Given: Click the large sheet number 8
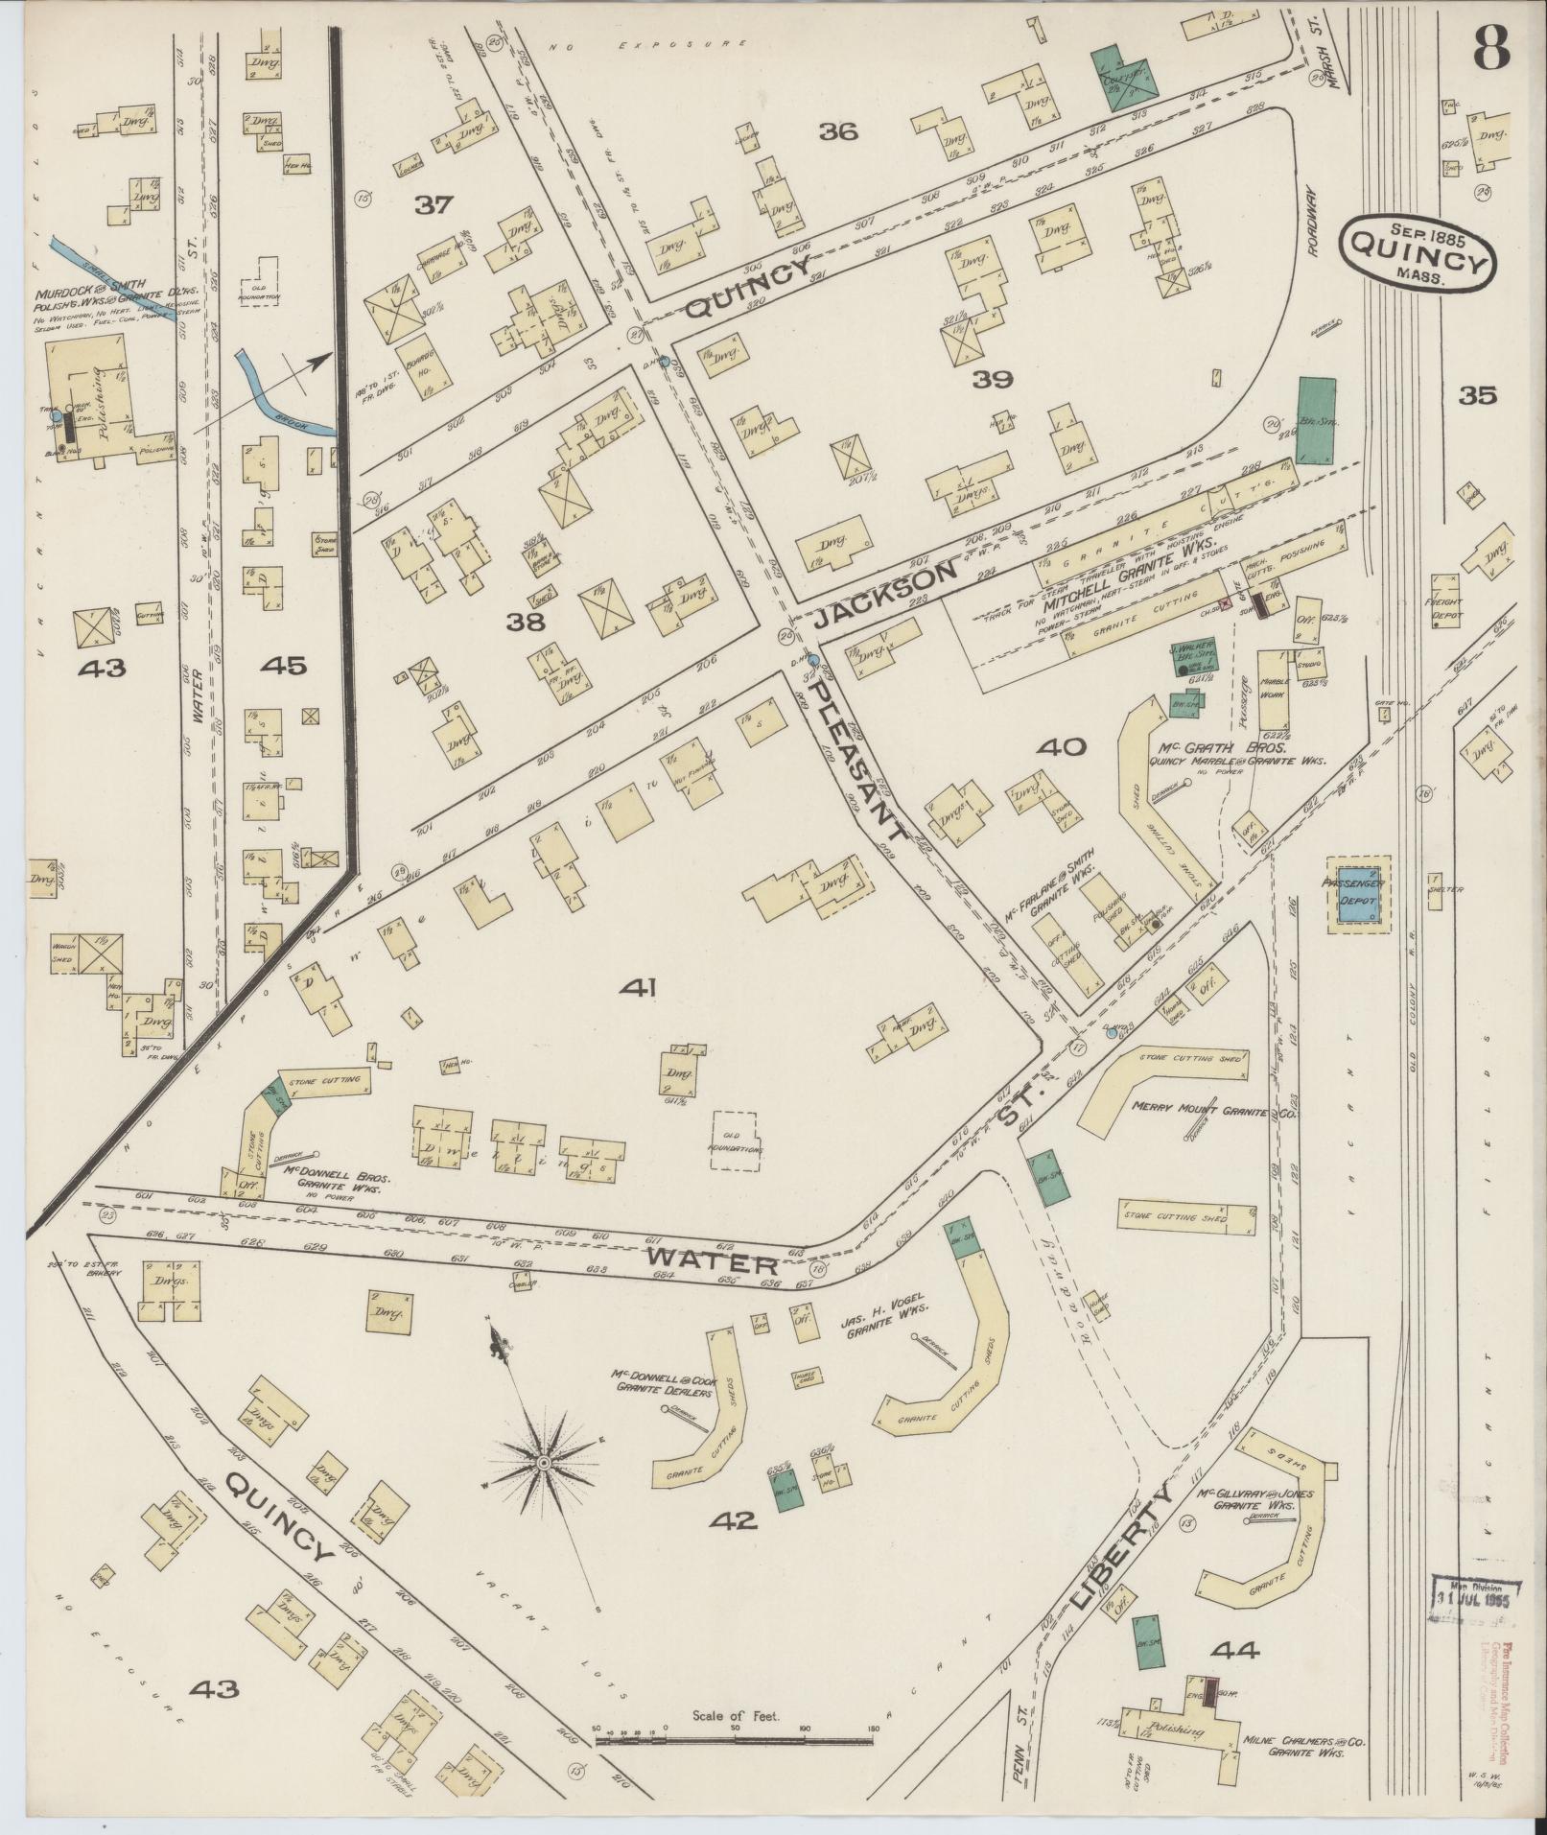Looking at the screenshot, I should click(1490, 45).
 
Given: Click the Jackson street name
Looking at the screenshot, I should click(886, 595).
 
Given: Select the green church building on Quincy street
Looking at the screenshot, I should click(1123, 76).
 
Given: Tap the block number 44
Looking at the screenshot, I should click(1234, 1649).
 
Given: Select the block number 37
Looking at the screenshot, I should click(434, 203).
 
